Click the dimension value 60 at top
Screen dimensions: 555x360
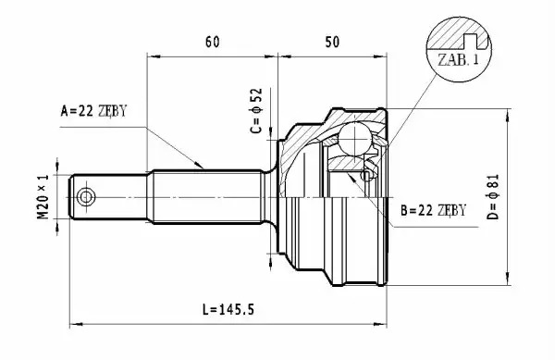[212, 42]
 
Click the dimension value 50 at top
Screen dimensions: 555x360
[332, 42]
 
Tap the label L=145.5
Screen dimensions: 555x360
[228, 310]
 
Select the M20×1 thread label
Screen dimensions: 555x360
[43, 197]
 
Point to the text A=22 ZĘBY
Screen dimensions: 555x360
[93, 111]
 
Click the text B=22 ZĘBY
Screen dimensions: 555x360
[434, 211]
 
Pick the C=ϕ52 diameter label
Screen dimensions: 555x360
[256, 110]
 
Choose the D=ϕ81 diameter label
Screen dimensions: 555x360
[492, 197]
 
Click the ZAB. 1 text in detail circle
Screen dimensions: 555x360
[459, 59]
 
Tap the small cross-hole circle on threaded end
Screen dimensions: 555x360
[86, 197]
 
